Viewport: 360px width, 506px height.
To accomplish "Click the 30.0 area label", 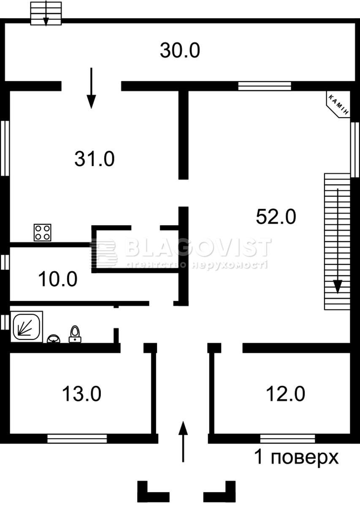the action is click(x=180, y=51).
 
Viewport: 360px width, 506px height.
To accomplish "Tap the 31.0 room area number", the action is click(x=95, y=159).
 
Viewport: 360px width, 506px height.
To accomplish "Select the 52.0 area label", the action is click(x=276, y=217).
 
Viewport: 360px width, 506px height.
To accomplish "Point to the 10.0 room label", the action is click(x=58, y=279).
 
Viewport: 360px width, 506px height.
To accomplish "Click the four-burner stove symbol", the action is click(x=43, y=232).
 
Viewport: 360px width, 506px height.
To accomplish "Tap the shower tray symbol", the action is click(x=27, y=326).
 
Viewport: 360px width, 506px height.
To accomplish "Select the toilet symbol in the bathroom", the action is click(x=75, y=334).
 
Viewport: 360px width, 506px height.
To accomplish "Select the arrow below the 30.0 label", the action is click(x=91, y=88).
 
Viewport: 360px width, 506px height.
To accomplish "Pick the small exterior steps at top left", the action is click(x=46, y=13).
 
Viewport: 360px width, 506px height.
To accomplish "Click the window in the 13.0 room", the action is click(x=77, y=439).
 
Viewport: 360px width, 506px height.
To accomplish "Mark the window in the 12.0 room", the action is click(x=287, y=439).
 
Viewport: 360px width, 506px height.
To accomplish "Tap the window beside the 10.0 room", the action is click(x=5, y=262).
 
